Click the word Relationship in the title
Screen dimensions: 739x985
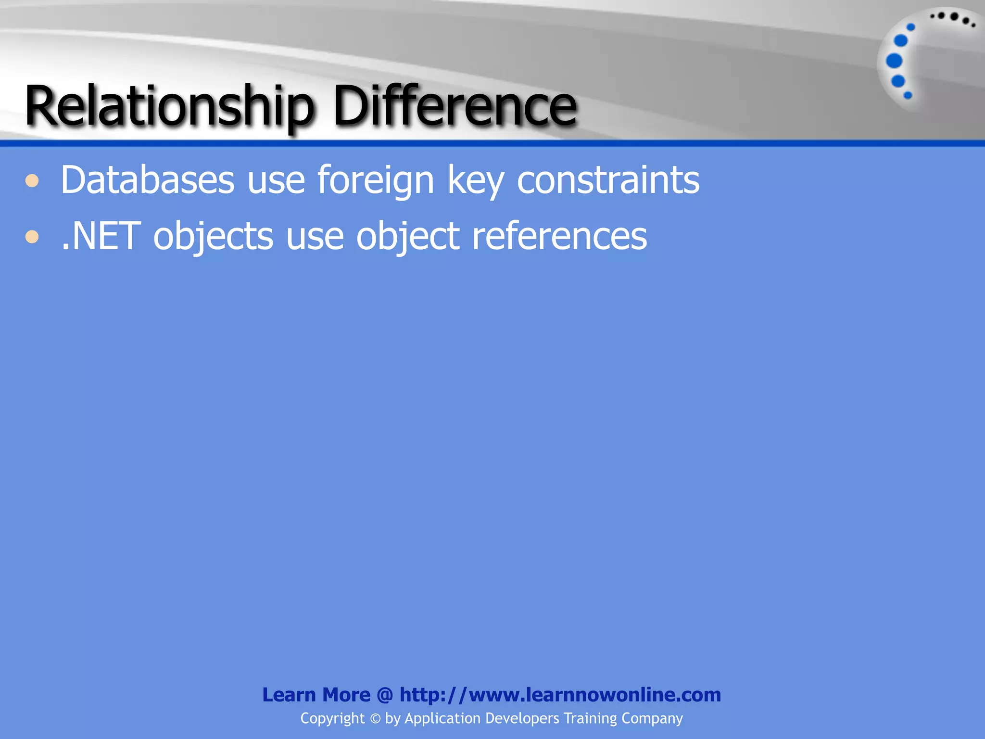(169, 106)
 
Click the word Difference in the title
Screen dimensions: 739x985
(455, 106)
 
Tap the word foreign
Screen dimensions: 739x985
(376, 181)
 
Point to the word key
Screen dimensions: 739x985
(476, 181)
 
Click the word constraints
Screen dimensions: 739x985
(608, 180)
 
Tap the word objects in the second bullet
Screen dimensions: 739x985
(213, 237)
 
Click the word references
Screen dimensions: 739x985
(559, 236)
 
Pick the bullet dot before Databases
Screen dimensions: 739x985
(32, 181)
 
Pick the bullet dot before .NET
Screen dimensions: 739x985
(32, 237)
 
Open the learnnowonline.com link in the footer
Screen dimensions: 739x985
(560, 695)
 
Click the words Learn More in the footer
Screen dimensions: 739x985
(316, 695)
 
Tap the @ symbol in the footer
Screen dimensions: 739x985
(385, 695)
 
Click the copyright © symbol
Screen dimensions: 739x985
(375, 719)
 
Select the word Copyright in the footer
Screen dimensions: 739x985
(332, 719)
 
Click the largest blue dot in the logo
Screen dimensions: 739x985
(894, 61)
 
